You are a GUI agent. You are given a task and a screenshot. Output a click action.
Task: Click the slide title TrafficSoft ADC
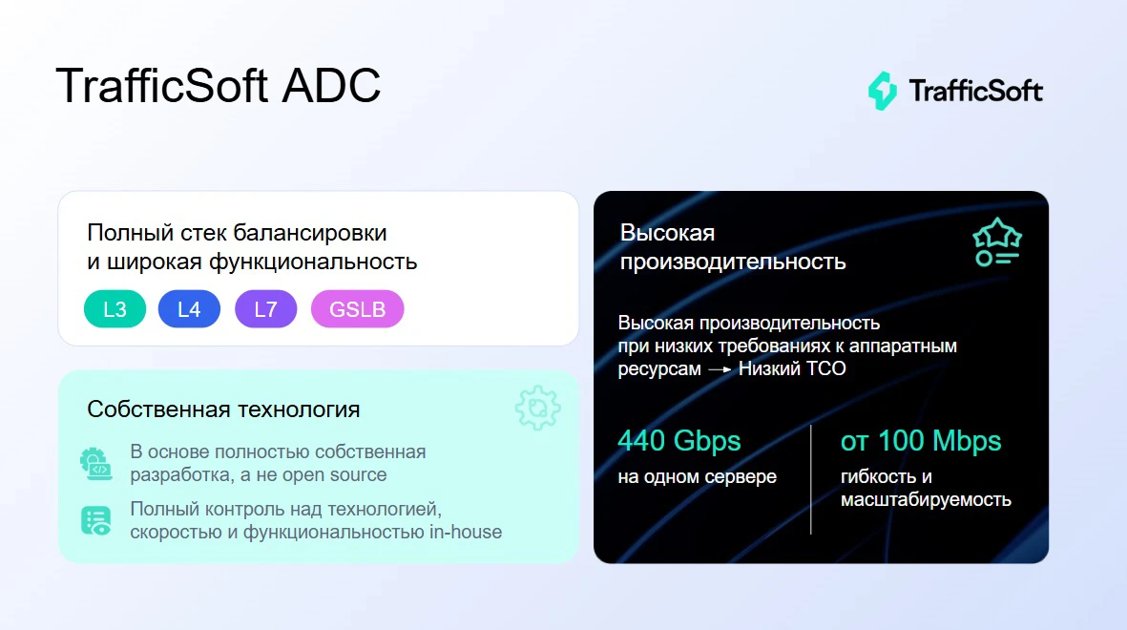coord(218,86)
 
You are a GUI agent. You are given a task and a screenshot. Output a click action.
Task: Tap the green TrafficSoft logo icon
coord(882,91)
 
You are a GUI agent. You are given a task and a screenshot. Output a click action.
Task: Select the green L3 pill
coord(115,309)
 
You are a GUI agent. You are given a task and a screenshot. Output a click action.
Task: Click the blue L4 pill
coord(189,309)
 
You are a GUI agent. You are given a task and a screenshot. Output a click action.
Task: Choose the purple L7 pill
coord(265,309)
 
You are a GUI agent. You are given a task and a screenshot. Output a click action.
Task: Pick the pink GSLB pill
coord(357,309)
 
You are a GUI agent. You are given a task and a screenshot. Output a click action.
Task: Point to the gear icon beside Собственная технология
coord(537,409)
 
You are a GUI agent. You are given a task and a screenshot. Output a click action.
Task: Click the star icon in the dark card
coord(996,242)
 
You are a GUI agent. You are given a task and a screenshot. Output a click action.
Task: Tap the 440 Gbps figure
coord(678,441)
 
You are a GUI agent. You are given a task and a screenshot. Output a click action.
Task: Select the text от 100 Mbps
coord(920,441)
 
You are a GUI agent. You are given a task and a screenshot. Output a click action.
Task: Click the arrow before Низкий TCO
coord(720,368)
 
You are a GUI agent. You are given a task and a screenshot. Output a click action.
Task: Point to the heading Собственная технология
coord(223,409)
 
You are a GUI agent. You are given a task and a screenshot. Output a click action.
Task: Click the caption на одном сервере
coord(697,476)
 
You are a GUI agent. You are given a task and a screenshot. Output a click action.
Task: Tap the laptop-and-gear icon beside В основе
coord(95,464)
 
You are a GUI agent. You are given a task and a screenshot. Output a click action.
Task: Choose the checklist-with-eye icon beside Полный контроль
coord(95,520)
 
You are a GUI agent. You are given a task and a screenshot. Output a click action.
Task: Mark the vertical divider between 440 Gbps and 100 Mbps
coord(811,479)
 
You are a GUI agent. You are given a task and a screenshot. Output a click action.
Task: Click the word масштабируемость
coord(926,499)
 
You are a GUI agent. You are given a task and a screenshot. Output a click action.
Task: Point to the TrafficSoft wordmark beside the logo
coord(975,92)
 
